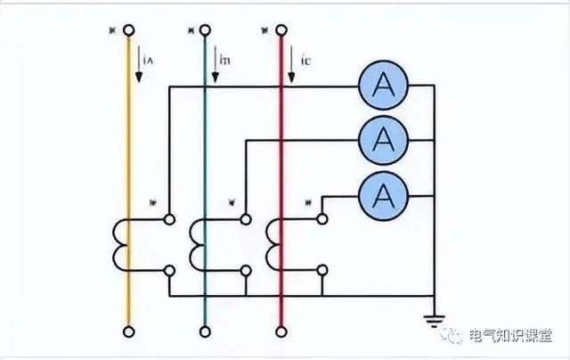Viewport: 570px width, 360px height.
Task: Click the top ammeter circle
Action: [383, 86]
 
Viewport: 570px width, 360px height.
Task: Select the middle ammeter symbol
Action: [383, 139]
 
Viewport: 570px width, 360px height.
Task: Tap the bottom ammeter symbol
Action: [383, 192]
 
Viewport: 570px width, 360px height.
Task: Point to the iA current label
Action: [149, 61]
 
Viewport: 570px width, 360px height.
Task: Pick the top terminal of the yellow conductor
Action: [129, 30]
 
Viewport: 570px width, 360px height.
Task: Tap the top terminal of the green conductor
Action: [206, 30]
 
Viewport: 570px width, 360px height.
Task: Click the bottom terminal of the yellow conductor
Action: [129, 332]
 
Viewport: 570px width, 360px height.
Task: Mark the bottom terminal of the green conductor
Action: [206, 332]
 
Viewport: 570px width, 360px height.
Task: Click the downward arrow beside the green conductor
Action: [215, 64]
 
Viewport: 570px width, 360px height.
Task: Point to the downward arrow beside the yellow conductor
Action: [139, 64]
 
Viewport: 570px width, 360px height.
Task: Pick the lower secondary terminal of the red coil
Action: [322, 269]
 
